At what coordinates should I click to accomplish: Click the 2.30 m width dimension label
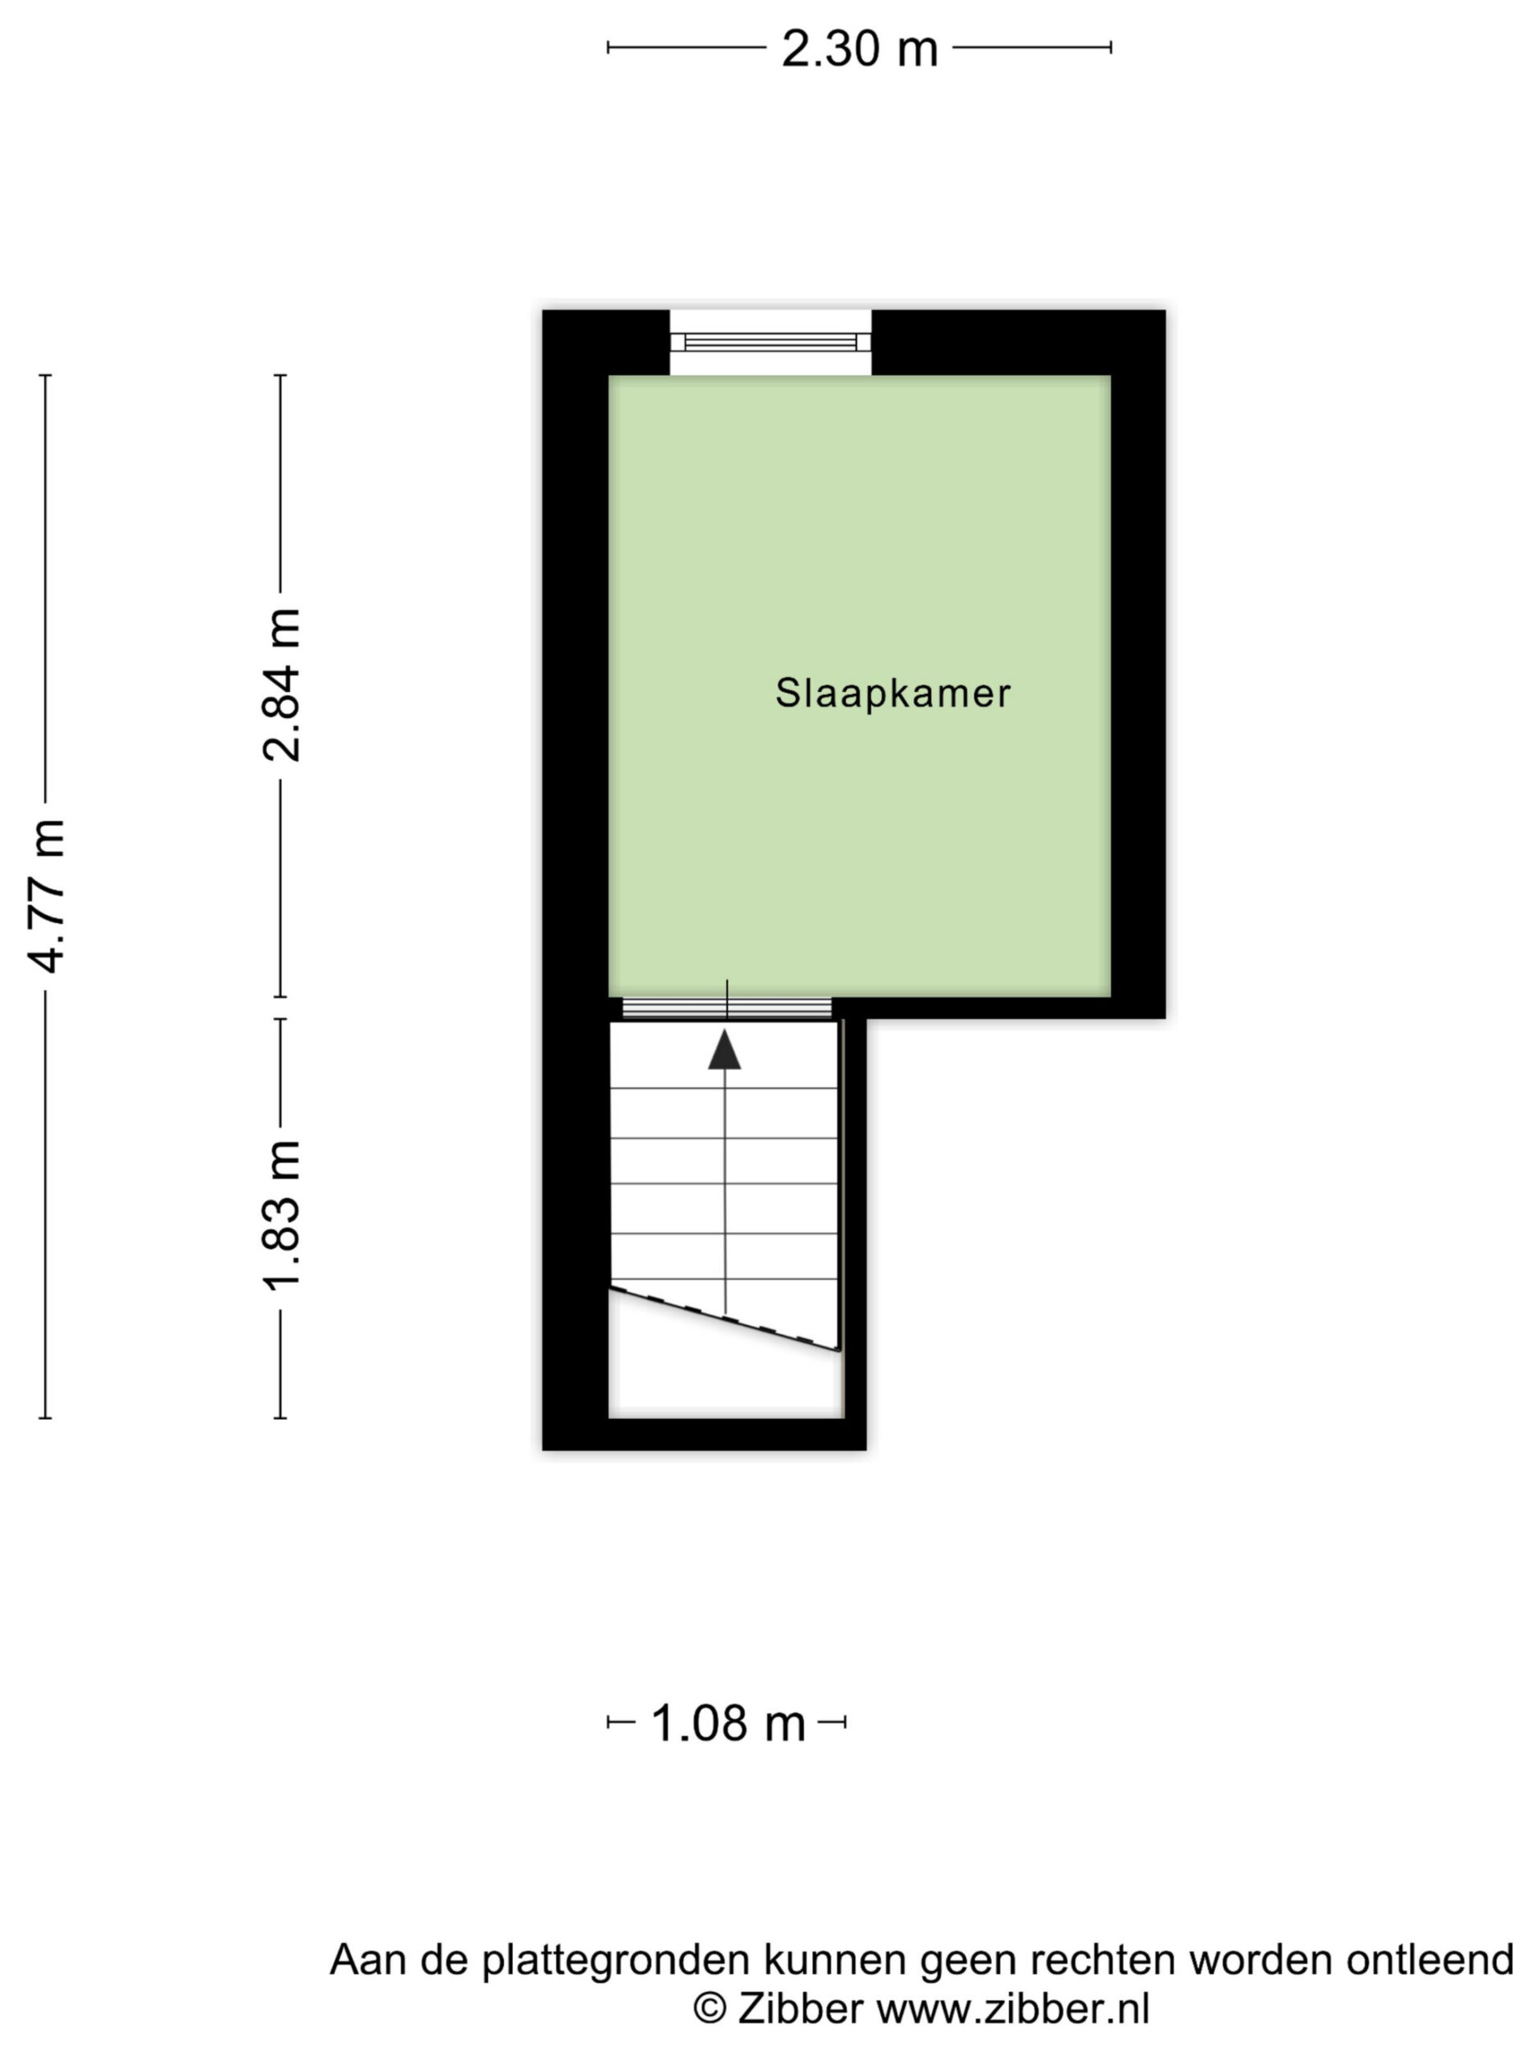[859, 48]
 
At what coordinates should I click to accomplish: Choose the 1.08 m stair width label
[728, 1723]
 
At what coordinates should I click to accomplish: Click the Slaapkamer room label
[892, 693]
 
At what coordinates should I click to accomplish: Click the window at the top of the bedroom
[770, 342]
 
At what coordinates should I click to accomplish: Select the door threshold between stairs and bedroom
[726, 1008]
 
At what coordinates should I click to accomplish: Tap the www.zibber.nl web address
[1013, 2010]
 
